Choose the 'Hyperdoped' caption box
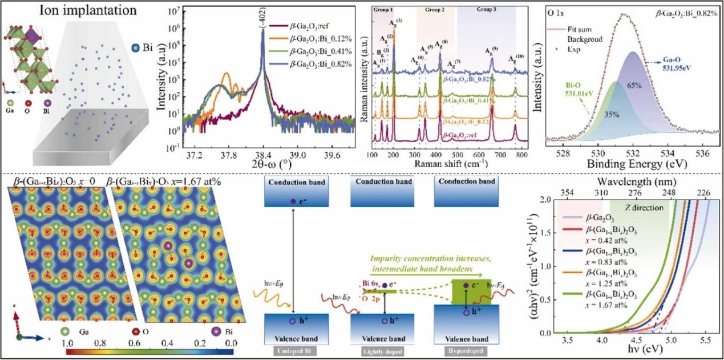468,350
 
